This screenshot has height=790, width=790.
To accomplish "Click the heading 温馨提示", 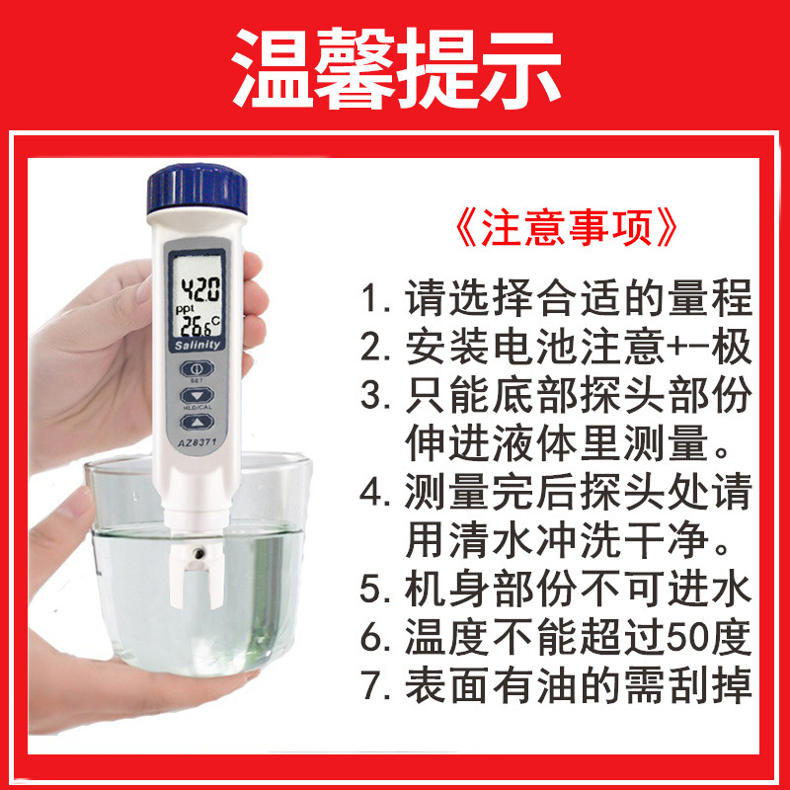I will point(395,69).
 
